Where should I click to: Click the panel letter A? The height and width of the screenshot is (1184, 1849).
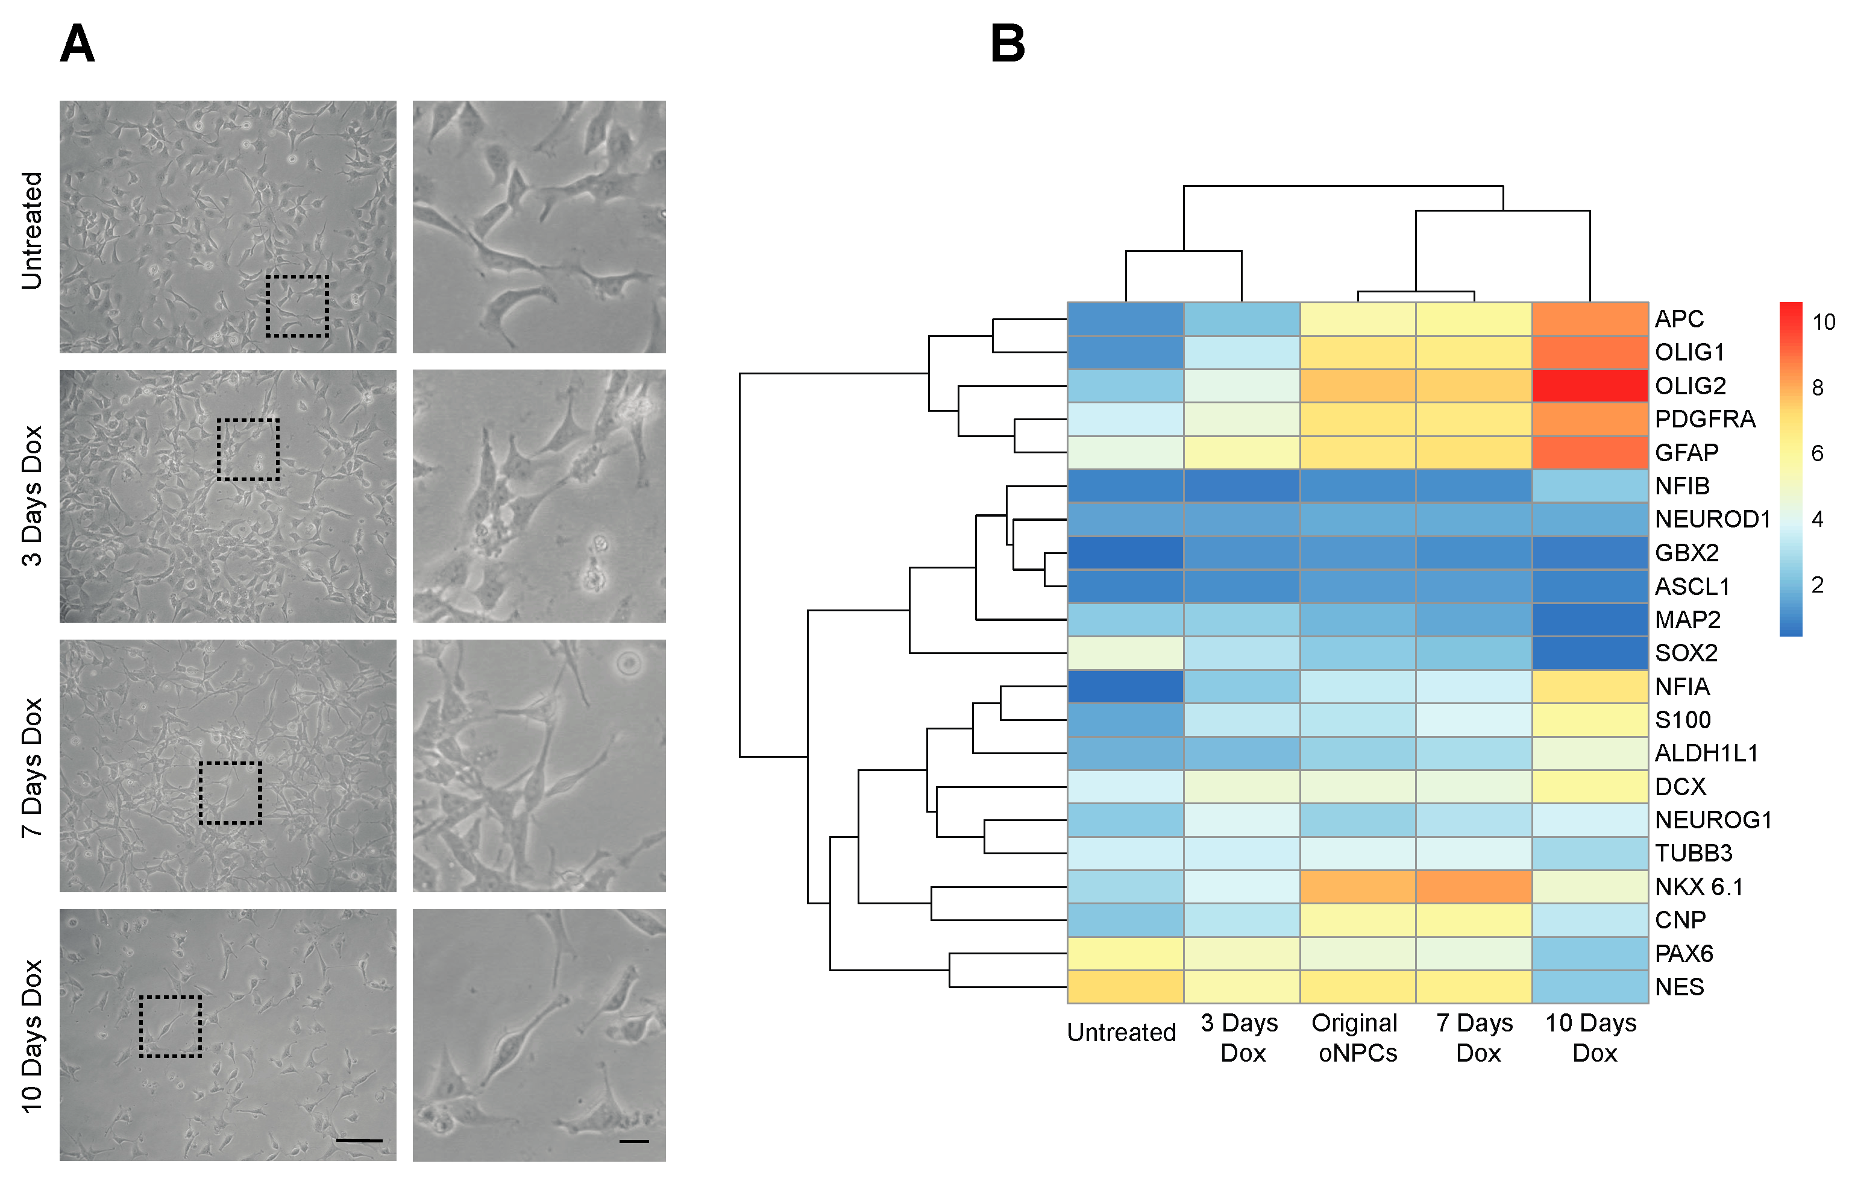(77, 44)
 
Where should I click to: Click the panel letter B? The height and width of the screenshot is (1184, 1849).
(1008, 44)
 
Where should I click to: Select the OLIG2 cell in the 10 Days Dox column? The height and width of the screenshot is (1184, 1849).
(1589, 385)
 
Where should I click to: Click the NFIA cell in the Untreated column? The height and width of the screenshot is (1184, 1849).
(1125, 686)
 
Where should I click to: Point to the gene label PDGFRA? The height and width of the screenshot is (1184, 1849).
(1704, 419)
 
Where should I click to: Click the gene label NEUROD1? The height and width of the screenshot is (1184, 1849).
(1712, 520)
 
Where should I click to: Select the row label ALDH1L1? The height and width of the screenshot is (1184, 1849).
(1706, 754)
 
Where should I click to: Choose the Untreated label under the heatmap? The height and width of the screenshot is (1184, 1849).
(1121, 1033)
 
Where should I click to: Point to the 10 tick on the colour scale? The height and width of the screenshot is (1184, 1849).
(1823, 322)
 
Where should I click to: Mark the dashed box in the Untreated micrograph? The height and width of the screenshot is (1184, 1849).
(297, 306)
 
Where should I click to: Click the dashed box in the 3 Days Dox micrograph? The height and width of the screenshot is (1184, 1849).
(248, 450)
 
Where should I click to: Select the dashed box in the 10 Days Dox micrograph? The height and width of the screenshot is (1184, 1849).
(171, 1027)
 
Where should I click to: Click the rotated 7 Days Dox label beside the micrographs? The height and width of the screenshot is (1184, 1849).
(31, 767)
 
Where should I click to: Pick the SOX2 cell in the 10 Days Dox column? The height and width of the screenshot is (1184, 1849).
(1589, 653)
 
